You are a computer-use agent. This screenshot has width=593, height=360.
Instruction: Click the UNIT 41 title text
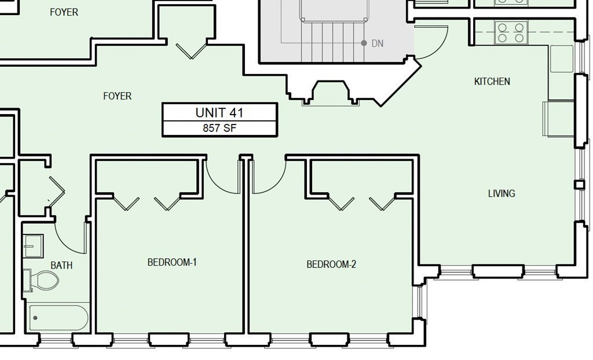219,113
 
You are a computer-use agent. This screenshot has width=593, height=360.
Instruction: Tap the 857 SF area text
219,128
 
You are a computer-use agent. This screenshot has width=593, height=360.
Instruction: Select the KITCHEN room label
492,81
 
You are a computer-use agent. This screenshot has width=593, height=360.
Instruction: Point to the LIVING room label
502,194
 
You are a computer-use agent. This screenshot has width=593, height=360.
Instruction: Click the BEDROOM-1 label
172,262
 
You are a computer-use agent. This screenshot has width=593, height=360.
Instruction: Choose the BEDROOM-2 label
331,265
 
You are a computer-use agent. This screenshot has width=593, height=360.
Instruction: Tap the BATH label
61,266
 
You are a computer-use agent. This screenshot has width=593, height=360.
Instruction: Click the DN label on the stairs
378,43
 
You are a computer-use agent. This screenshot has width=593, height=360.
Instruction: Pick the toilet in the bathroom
41,280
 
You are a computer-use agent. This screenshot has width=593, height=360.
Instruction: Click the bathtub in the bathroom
58,318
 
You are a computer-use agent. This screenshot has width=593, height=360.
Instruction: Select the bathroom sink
33,246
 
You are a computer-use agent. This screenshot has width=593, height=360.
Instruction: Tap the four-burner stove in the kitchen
511,33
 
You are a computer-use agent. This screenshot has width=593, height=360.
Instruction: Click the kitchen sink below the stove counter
562,58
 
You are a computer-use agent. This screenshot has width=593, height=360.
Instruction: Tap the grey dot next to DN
364,43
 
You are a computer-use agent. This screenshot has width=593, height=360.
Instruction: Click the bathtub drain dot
35,318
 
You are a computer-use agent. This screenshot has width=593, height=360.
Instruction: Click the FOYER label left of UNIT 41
117,97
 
